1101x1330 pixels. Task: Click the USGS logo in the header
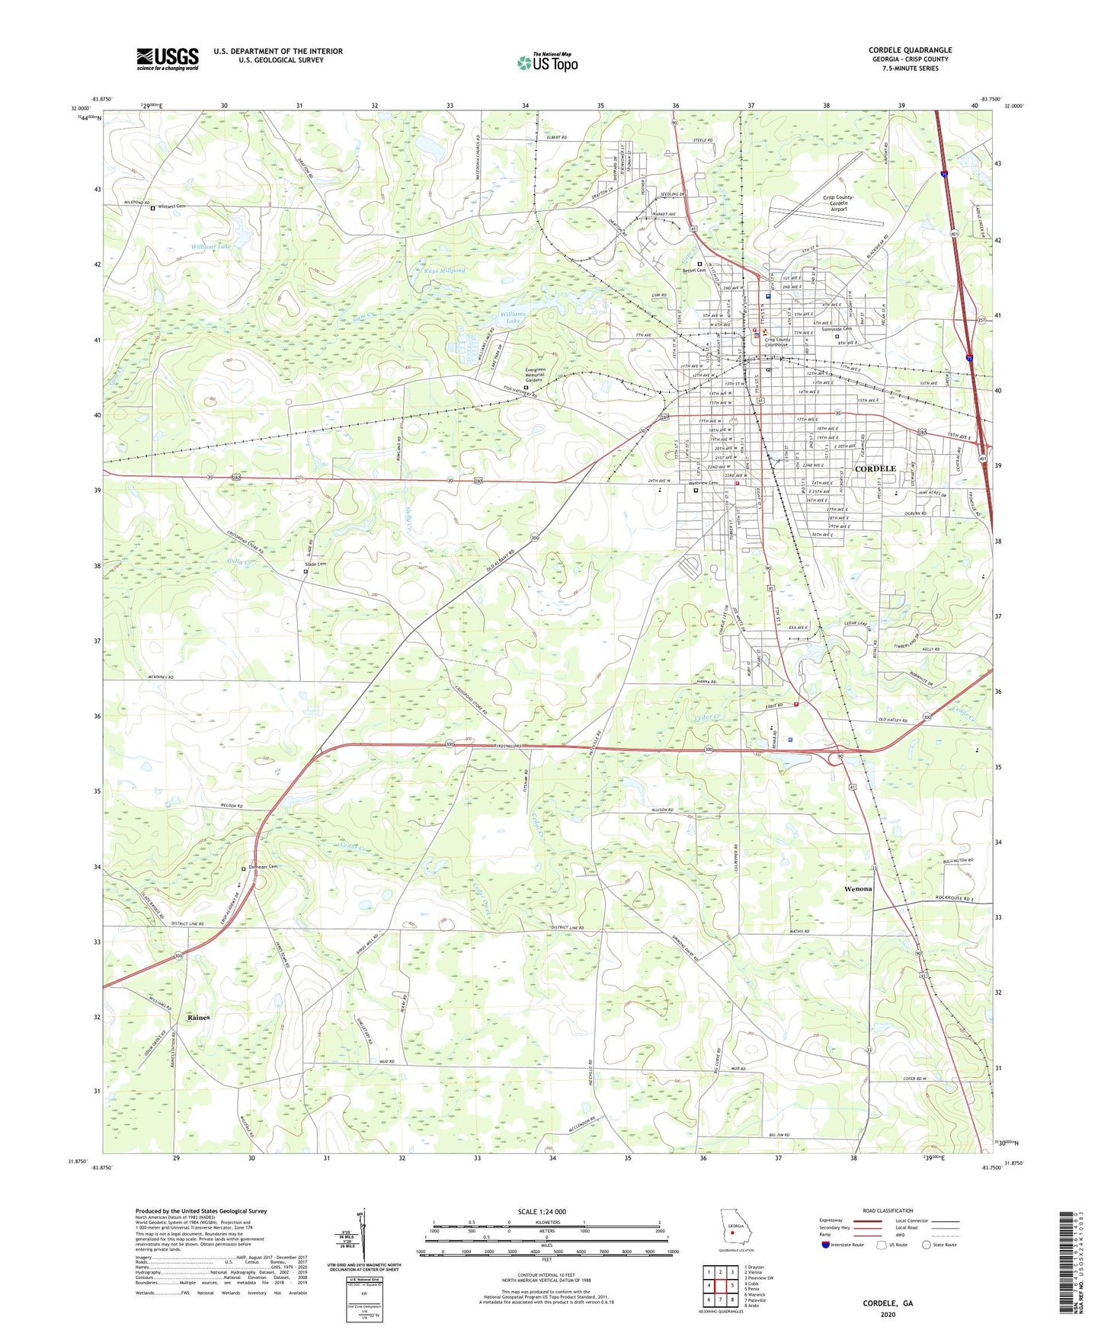(168, 59)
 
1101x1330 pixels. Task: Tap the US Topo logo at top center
(547, 62)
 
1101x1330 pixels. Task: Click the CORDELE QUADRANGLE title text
(910, 50)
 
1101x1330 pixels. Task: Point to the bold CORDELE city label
(875, 468)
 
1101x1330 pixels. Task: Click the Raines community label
(198, 1017)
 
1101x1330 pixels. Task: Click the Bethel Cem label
(694, 270)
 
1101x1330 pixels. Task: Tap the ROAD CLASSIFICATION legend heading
(888, 1210)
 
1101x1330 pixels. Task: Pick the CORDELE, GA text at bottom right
(888, 1303)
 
